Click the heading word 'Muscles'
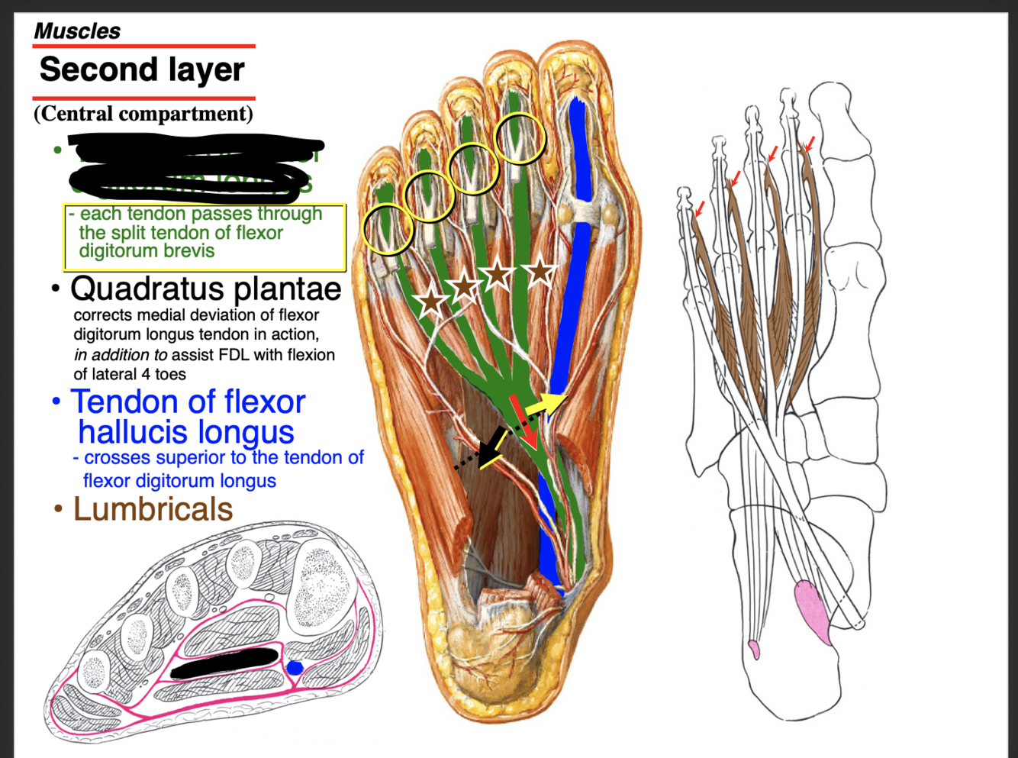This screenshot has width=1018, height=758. (x=77, y=31)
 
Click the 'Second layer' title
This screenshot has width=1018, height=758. (x=142, y=70)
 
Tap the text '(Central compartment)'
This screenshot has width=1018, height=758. (x=143, y=114)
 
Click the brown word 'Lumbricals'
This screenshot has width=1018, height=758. (x=153, y=509)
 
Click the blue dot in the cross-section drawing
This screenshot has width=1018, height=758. (x=294, y=668)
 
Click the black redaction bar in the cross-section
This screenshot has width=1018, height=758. (x=224, y=663)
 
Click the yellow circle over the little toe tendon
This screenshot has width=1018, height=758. (x=388, y=229)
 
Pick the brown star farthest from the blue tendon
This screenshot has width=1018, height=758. (x=431, y=302)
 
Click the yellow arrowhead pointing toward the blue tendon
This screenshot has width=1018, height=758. (x=556, y=400)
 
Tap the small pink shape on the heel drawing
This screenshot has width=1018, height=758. (x=755, y=650)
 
